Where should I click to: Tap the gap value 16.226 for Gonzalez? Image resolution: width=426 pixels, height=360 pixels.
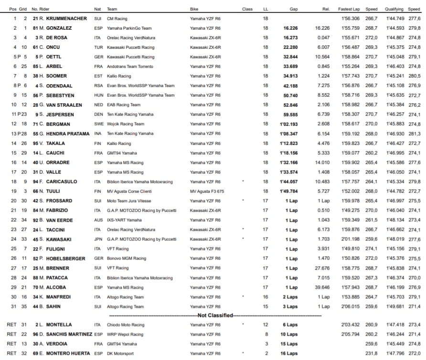(x=290, y=28)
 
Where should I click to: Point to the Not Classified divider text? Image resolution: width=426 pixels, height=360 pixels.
(x=215, y=316)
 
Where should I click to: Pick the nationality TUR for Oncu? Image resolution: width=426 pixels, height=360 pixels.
(x=98, y=47)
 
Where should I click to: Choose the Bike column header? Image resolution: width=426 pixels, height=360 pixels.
(x=194, y=9)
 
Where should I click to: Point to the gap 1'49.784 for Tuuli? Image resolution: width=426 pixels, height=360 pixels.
(x=289, y=191)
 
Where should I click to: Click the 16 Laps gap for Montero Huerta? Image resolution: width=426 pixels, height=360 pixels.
(x=291, y=353)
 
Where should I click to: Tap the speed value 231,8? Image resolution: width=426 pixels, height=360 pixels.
(x=371, y=353)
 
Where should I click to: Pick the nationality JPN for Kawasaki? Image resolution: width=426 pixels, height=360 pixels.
(x=98, y=239)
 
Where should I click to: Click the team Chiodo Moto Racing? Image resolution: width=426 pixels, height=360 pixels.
(x=126, y=325)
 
